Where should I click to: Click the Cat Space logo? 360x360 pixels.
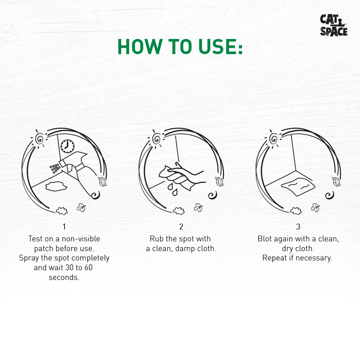coord(334,25)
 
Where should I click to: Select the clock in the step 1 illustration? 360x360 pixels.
coord(68,146)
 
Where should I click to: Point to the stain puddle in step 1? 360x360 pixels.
coord(56,186)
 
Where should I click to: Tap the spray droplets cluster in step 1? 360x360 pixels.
coord(55,168)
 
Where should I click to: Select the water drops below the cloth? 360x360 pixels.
coord(172,189)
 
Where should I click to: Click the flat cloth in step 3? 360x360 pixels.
coord(298,186)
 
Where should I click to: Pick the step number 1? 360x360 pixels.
coord(64,226)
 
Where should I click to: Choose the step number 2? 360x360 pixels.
coord(181,226)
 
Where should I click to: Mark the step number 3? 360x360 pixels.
coord(298,226)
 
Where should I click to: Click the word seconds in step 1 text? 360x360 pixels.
coord(64,277)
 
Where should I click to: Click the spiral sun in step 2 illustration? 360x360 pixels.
coord(157,139)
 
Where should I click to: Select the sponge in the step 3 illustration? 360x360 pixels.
coord(336,181)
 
